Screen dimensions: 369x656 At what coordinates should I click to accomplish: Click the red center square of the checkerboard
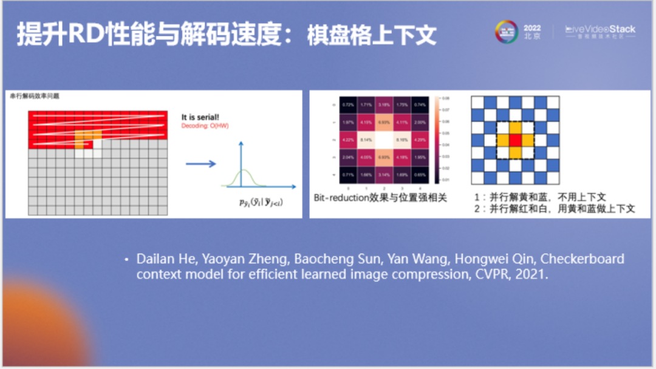click(515, 140)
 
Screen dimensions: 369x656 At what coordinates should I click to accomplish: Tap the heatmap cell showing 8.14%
click(366, 140)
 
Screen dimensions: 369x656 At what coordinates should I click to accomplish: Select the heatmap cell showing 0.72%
click(348, 105)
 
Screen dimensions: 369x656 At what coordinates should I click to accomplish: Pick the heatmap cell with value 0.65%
click(419, 174)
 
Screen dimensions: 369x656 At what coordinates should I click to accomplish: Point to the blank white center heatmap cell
click(384, 140)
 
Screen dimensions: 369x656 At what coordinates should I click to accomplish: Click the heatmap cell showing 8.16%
click(401, 140)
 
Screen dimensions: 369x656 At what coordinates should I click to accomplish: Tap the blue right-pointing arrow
click(200, 164)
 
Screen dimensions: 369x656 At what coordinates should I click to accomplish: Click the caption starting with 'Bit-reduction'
click(380, 198)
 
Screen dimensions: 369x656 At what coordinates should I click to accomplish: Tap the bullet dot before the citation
click(126, 260)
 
